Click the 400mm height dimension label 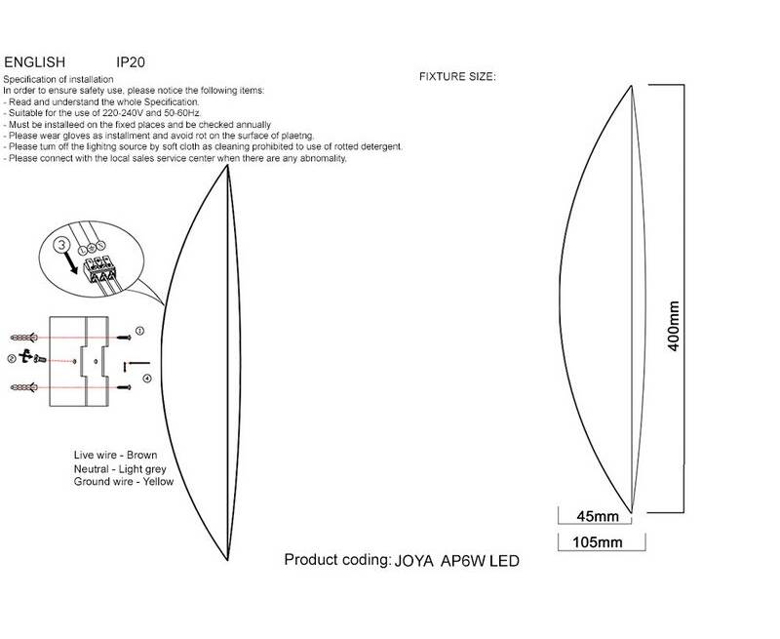coord(673,326)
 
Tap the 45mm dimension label coord(598,517)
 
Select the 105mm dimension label coord(598,542)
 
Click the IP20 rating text coord(131,62)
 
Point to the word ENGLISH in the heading coord(35,62)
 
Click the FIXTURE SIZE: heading coord(457,77)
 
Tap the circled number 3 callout coord(61,245)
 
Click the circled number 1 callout coord(139,331)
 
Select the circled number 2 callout coord(12,358)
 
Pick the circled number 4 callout coord(147,379)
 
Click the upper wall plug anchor coord(23,338)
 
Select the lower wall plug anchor coord(23,387)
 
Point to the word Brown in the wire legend coord(141,455)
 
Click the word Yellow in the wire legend coord(158,481)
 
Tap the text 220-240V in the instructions coord(127,113)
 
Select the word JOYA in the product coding coord(413,561)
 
